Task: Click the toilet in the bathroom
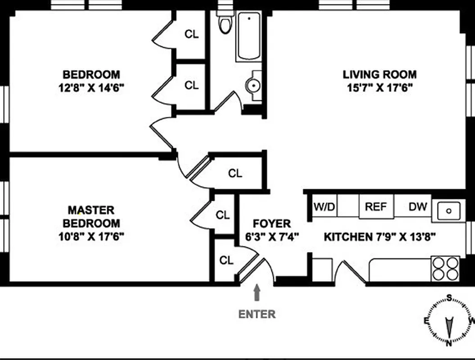[x=224, y=25]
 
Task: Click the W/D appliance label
[x=325, y=207]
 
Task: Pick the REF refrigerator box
[x=376, y=207]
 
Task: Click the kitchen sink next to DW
[x=448, y=210]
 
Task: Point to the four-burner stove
[x=445, y=269]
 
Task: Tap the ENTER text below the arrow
[x=257, y=314]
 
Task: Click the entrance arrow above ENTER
[x=257, y=293]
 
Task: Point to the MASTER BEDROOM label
[x=91, y=216]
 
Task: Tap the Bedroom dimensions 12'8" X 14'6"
[x=91, y=87]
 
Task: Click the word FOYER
[x=271, y=224]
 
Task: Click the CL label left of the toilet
[x=192, y=34]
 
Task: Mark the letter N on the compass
[x=449, y=343]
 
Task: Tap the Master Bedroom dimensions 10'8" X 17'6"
[x=91, y=236]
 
